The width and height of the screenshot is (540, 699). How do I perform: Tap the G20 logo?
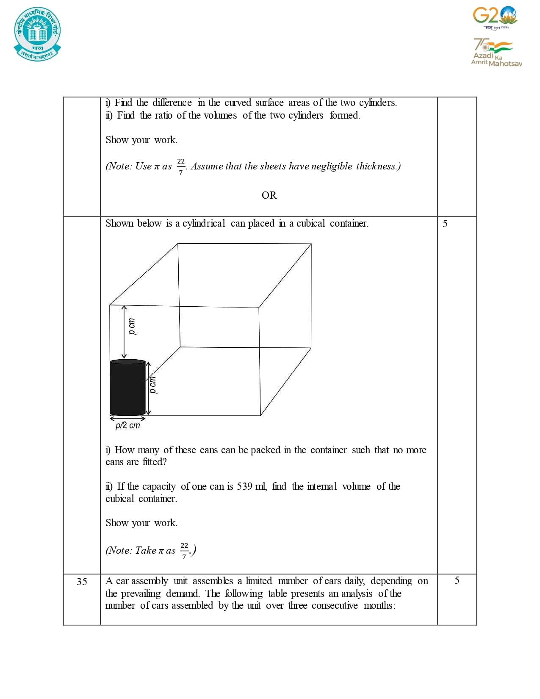coord(495,17)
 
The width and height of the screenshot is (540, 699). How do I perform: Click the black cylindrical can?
coord(127,387)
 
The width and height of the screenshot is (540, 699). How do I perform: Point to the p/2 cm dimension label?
coord(127,425)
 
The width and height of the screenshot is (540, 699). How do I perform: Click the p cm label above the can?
coord(132,327)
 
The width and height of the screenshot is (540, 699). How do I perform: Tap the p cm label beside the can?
coord(153,385)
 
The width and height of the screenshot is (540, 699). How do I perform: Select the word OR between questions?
coord(269,195)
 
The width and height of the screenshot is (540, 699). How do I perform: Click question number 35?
coord(82,582)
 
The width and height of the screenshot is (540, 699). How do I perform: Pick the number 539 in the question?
coord(244,486)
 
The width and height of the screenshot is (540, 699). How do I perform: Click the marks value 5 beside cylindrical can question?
coord(445,224)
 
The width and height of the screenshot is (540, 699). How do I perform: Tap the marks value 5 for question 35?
coord(457,580)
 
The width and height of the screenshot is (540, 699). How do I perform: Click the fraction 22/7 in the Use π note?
coord(181,166)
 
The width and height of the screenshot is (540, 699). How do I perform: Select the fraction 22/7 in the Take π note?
coord(184,550)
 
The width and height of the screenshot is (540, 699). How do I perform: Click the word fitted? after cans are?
coord(155,462)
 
